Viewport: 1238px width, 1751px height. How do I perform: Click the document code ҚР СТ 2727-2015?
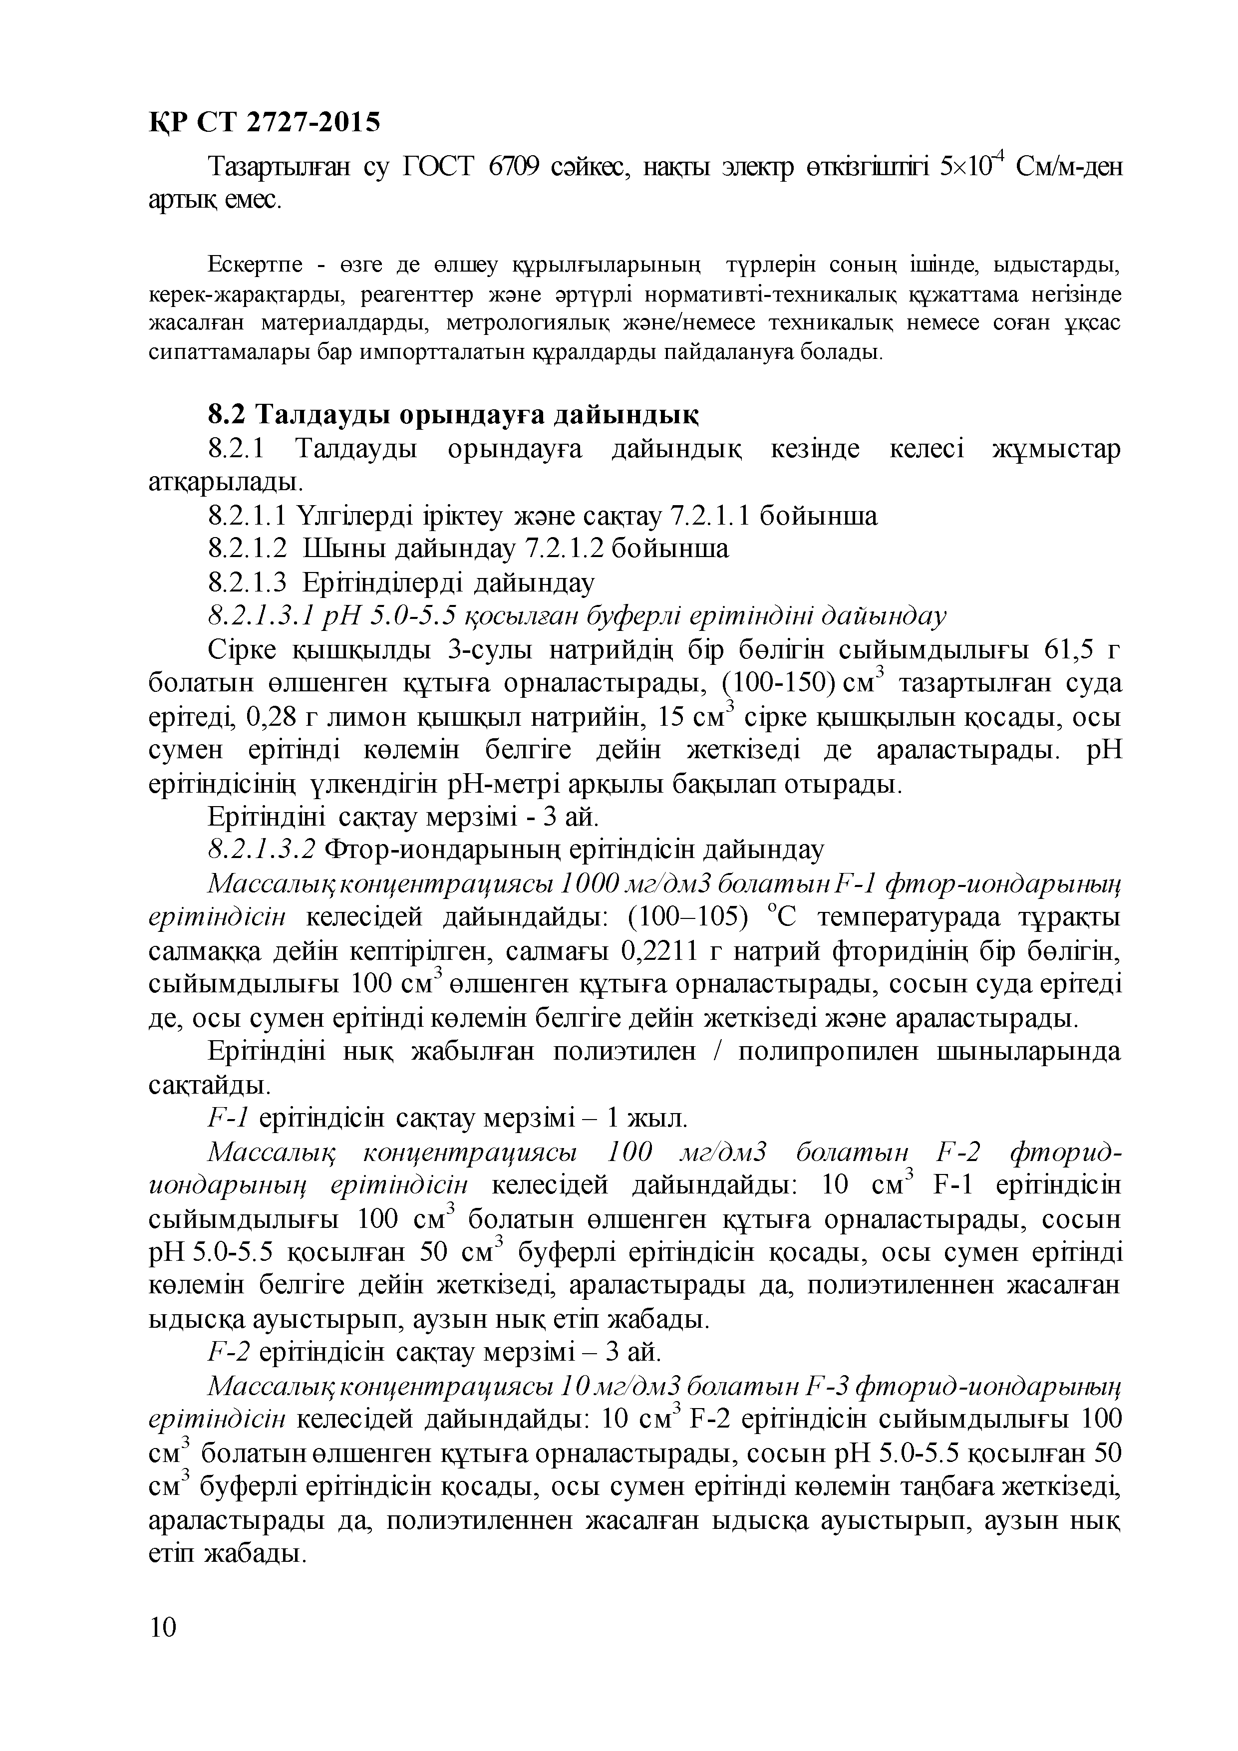coord(263,122)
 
